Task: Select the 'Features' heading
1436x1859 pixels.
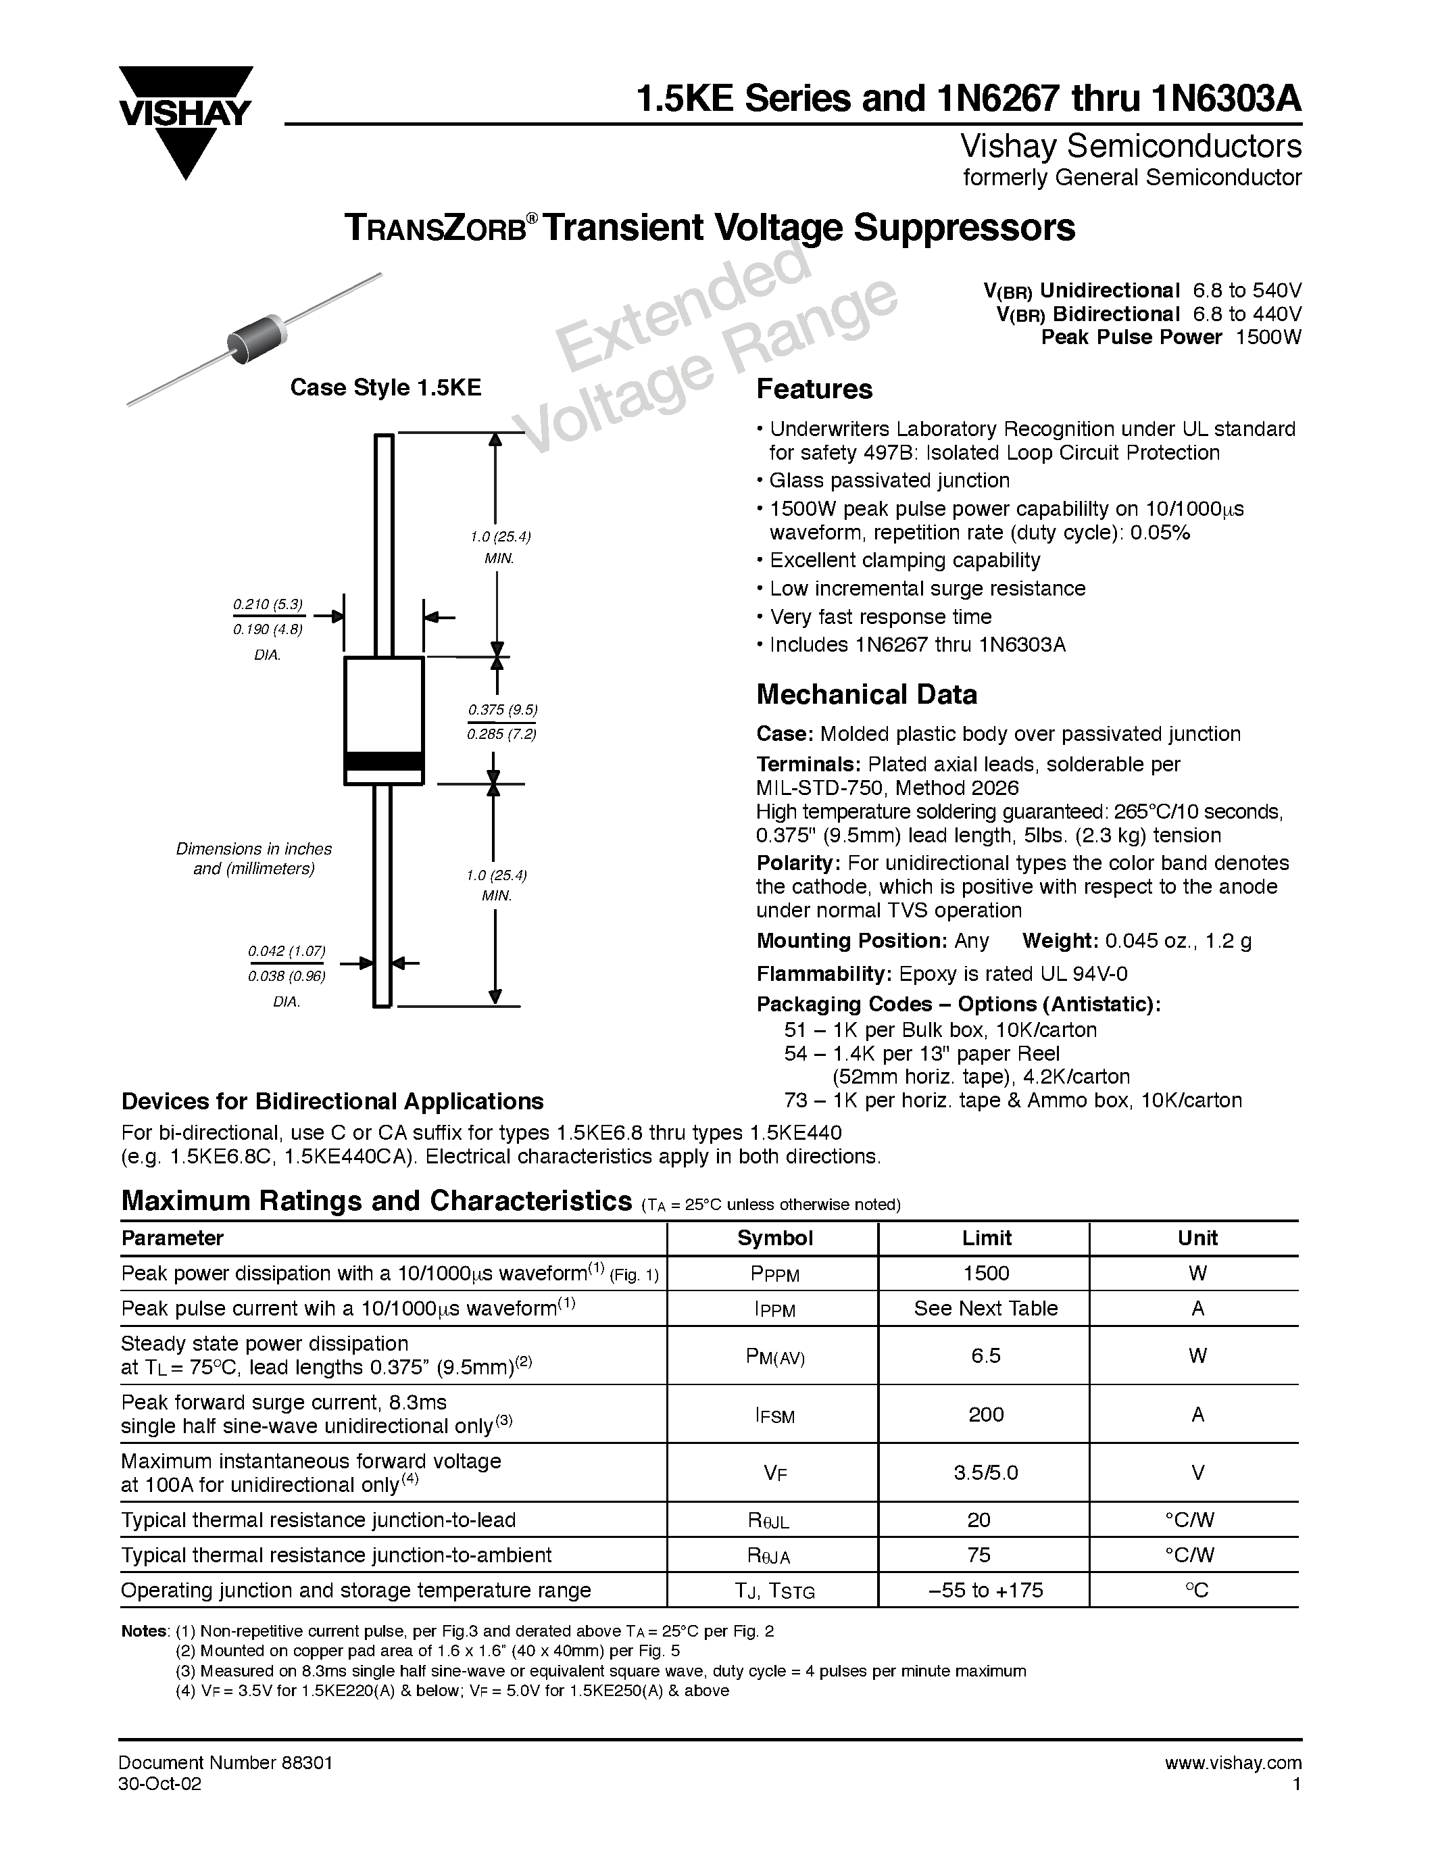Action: pyautogui.click(x=814, y=389)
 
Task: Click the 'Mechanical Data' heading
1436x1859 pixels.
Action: pyautogui.click(x=866, y=694)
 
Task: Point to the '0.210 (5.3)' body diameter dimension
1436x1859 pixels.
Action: pyautogui.click(x=267, y=604)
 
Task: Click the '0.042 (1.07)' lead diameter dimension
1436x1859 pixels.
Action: pyautogui.click(x=287, y=950)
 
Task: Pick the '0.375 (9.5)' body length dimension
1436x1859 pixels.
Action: pyautogui.click(x=502, y=710)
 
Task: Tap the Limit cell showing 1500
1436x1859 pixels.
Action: pyautogui.click(x=985, y=1274)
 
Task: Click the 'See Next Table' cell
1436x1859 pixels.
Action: pyautogui.click(x=985, y=1308)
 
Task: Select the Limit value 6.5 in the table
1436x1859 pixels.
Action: pyautogui.click(x=985, y=1355)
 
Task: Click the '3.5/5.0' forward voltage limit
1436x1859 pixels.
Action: pyautogui.click(x=985, y=1472)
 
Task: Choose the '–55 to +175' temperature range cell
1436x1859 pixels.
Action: pyautogui.click(x=985, y=1590)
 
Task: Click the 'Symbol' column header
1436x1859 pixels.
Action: pyautogui.click(x=774, y=1238)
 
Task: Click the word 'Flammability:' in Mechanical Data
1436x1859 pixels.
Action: pyautogui.click(x=822, y=973)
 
